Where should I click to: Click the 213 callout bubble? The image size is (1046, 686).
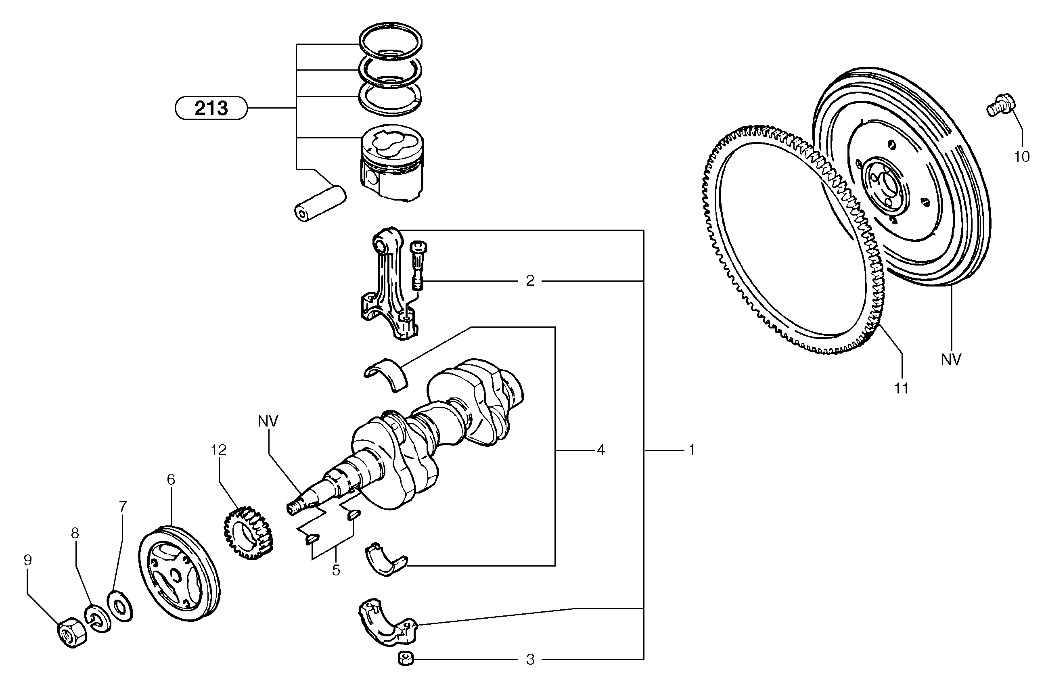point(211,108)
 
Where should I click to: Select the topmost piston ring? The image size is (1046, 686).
point(391,41)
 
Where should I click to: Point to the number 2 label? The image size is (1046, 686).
point(530,281)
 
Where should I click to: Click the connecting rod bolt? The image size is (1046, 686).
point(418,266)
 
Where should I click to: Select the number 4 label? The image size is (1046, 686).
point(600,450)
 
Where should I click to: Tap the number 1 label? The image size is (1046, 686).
point(692,450)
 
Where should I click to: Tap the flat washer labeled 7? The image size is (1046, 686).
point(120,607)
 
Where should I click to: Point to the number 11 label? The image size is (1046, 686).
point(901,388)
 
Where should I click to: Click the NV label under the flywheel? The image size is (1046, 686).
point(951,360)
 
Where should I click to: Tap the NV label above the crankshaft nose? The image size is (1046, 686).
point(268,421)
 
